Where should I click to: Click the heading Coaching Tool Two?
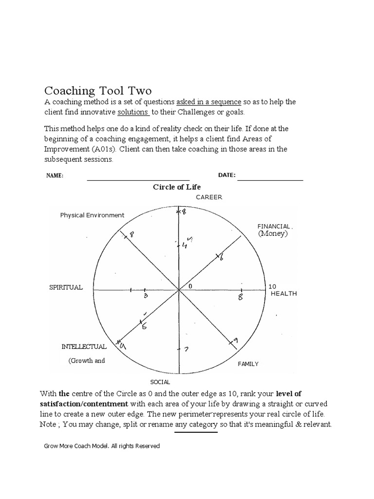click(98, 91)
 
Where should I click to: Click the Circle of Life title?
click(177, 187)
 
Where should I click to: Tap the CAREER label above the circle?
click(209, 197)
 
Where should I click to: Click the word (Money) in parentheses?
click(273, 234)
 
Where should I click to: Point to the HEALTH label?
click(283, 294)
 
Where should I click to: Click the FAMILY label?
click(248, 364)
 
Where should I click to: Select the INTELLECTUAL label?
click(84, 347)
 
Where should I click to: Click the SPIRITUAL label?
click(66, 288)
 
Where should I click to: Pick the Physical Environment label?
click(92, 215)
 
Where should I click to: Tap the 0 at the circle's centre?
click(190, 286)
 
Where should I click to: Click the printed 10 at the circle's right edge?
click(272, 287)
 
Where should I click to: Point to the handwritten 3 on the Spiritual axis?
click(146, 296)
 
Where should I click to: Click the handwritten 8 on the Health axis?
click(240, 297)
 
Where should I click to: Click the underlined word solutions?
click(133, 112)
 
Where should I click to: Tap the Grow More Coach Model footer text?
click(102, 446)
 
